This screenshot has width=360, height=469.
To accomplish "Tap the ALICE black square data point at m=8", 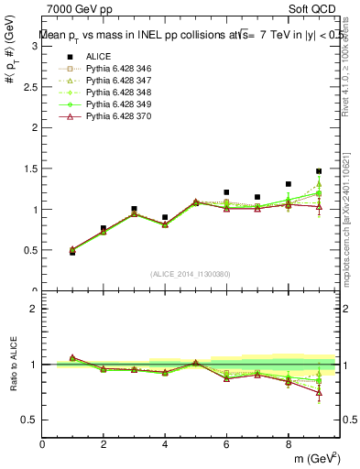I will pos(289,184).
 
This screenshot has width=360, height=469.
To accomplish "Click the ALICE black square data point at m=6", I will pos(226,192).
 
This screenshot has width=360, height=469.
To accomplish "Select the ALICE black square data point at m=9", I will pos(319,171).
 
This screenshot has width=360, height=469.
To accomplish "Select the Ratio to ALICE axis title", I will pos(13,365).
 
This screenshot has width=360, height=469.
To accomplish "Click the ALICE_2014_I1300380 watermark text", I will pos(190,274).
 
